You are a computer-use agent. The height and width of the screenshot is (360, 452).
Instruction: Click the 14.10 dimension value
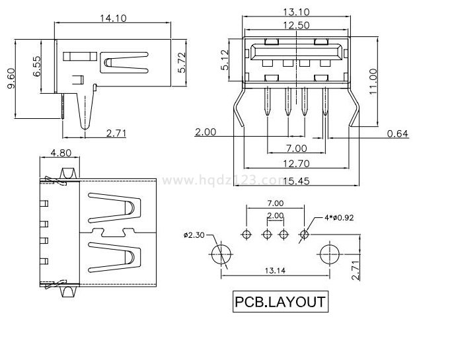tap(114, 18)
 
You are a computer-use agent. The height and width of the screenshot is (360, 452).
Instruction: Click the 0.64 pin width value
tap(398, 134)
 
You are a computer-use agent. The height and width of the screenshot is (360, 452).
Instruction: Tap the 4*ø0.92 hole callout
tap(340, 217)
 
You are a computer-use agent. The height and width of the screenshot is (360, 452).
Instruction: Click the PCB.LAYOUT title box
tap(280, 302)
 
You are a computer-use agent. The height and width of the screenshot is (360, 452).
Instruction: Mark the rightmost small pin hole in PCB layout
tap(305, 234)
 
